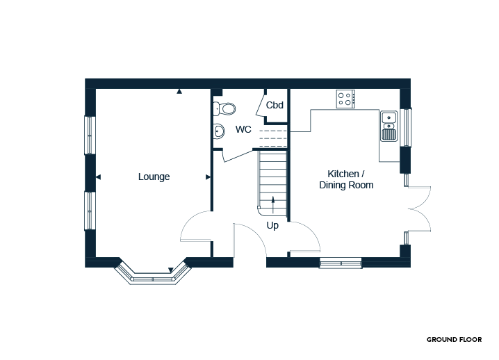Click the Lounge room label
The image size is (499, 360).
(x=154, y=177)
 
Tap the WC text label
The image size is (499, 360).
(x=243, y=130)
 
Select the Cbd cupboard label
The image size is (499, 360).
(x=275, y=106)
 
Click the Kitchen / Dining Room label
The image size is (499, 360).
(x=346, y=179)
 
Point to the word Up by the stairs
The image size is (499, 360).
(x=272, y=226)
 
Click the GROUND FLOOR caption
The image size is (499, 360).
(x=454, y=340)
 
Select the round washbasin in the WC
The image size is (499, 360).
(x=218, y=131)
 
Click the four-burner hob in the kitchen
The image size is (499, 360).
(x=345, y=99)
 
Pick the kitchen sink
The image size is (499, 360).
(x=388, y=126)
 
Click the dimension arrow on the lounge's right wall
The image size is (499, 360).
(x=208, y=177)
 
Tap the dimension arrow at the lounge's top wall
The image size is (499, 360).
(x=179, y=91)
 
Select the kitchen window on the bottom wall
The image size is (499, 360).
(x=341, y=262)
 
